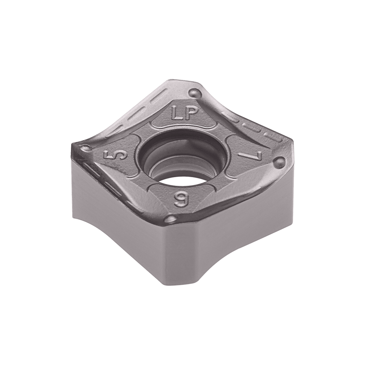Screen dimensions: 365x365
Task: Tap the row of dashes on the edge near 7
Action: (246, 121)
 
